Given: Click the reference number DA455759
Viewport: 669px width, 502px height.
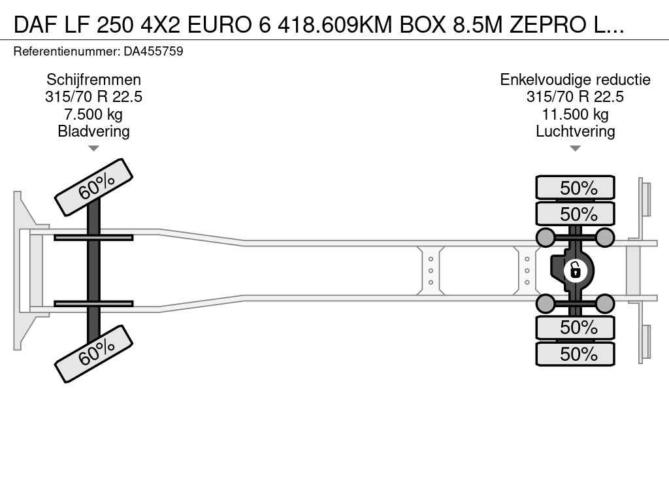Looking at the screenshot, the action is [x=153, y=51].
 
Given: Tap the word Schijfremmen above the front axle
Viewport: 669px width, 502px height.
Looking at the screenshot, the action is [x=93, y=80].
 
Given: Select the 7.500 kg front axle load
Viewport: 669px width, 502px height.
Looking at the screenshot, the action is [x=93, y=114].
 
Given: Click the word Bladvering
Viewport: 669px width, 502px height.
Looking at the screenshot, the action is [x=93, y=131].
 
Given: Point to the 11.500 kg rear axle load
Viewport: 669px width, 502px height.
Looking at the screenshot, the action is [x=575, y=114].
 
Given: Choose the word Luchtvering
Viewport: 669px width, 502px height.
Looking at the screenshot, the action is [x=575, y=131].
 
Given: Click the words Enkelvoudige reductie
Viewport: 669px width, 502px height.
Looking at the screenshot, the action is [x=575, y=80].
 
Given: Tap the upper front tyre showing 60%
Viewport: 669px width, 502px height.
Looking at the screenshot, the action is [x=94, y=187].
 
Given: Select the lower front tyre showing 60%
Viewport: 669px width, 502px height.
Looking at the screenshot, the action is [x=94, y=354].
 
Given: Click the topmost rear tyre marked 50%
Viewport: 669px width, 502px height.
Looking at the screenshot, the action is [x=575, y=188].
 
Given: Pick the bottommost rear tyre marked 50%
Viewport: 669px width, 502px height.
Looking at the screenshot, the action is [x=575, y=354].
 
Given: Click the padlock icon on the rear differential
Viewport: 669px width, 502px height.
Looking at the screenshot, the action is [x=575, y=271].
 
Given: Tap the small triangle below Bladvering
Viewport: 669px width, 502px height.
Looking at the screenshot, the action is [x=93, y=148].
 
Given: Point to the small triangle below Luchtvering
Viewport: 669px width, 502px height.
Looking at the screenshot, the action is [x=575, y=148].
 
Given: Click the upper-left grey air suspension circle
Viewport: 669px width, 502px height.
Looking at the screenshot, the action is [x=546, y=237].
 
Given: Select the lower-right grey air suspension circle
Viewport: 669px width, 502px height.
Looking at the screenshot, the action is [x=604, y=304].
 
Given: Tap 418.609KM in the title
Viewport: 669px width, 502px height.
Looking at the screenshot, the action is [x=335, y=25].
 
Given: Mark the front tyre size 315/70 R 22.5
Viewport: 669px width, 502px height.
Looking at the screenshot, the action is [x=93, y=97].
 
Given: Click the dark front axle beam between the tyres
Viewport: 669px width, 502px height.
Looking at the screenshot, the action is [x=93, y=271].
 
